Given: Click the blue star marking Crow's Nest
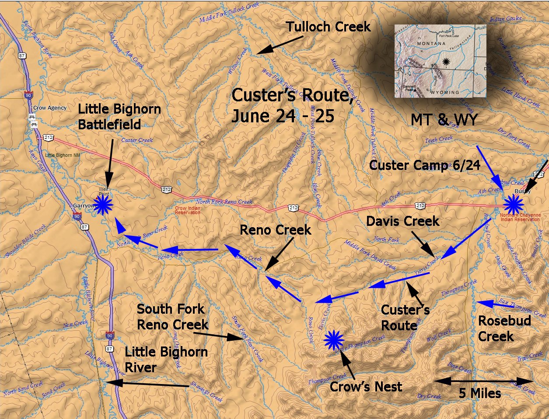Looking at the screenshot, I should pyautogui.click(x=334, y=340).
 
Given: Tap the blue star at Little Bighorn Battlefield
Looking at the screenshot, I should pyautogui.click(x=104, y=204).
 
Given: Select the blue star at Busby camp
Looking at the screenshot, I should pyautogui.click(x=513, y=204).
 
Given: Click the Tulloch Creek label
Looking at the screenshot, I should pyautogui.click(x=329, y=27).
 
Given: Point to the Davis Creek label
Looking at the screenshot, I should pyautogui.click(x=402, y=221).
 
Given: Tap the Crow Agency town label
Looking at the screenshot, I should pyautogui.click(x=50, y=108).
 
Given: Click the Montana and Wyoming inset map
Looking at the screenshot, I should pyautogui.click(x=440, y=61).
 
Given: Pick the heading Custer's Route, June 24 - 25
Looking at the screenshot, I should pyautogui.click(x=292, y=105).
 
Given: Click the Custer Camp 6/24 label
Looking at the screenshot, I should pyautogui.click(x=424, y=165).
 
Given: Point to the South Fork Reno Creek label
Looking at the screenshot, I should pyautogui.click(x=172, y=317).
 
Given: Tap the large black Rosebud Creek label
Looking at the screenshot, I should pyautogui.click(x=504, y=329).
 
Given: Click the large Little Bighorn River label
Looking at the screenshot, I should pyautogui.click(x=166, y=360).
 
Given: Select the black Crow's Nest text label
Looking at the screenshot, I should pyautogui.click(x=366, y=387).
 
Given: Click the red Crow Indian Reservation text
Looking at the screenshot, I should pyautogui.click(x=188, y=211).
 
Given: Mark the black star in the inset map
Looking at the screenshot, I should pyautogui.click(x=446, y=62).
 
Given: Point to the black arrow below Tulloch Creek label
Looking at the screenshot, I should pyautogui.click(x=280, y=45).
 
